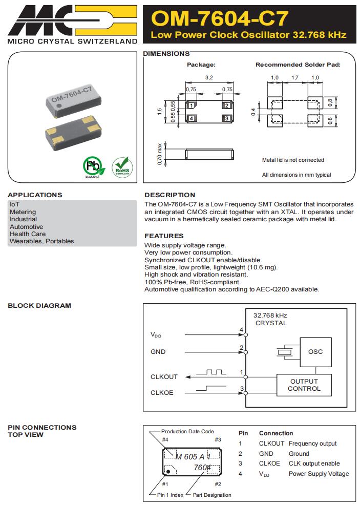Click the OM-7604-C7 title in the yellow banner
pos(220,18)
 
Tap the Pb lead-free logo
pos(92,166)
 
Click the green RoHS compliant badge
pos(121,167)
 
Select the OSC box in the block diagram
pos(315,352)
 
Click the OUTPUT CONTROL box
pos(304,385)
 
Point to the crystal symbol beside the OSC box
pos(283,352)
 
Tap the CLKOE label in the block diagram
pos(162,393)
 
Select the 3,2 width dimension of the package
pos(209,77)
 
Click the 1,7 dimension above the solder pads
pos(294,77)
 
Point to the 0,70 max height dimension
pos(160,154)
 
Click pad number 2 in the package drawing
pos(226,106)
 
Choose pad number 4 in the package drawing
pos(191,118)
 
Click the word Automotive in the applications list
pos(26,226)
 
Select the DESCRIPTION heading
pos(170,195)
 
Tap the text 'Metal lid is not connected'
pos(293,160)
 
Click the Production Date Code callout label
pos(187,431)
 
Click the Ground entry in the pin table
pos(299,454)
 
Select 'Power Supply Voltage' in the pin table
pos(319,474)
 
